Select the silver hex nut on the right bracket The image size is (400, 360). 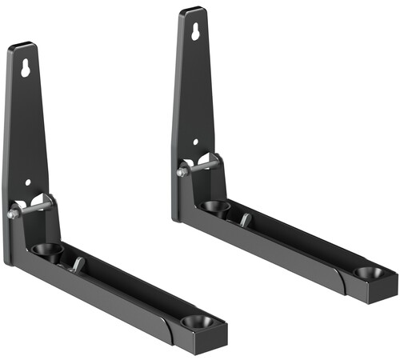tap(182, 171)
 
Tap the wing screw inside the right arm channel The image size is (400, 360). tap(246, 218)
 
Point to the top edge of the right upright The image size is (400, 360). tap(192, 10)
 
